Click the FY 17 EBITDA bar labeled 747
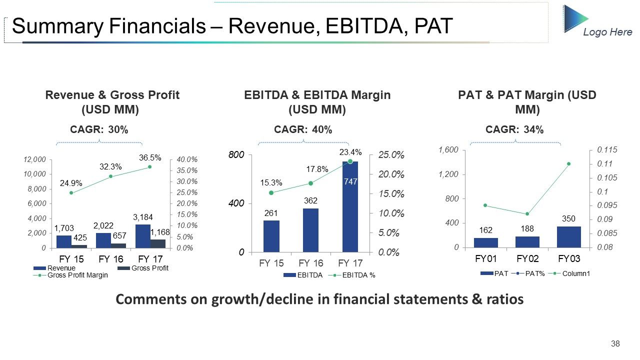tap(350, 207)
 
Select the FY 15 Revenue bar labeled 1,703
tap(64, 241)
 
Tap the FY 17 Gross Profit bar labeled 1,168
tap(157, 243)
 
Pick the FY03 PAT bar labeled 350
tap(569, 237)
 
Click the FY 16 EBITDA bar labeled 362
tap(310, 230)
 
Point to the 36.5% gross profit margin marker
tap(150, 167)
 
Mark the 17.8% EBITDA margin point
tap(311, 183)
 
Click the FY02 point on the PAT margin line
tap(527, 213)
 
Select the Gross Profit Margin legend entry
tap(70, 275)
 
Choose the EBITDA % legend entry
tap(351, 275)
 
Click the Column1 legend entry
tap(569, 273)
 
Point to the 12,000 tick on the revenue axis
tap(34, 159)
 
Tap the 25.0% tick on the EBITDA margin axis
tap(391, 155)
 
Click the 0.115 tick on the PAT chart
tap(607, 149)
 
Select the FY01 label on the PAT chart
tap(485, 258)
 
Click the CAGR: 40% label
tap(303, 129)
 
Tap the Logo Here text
tap(607, 32)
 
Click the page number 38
tap(615, 343)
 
